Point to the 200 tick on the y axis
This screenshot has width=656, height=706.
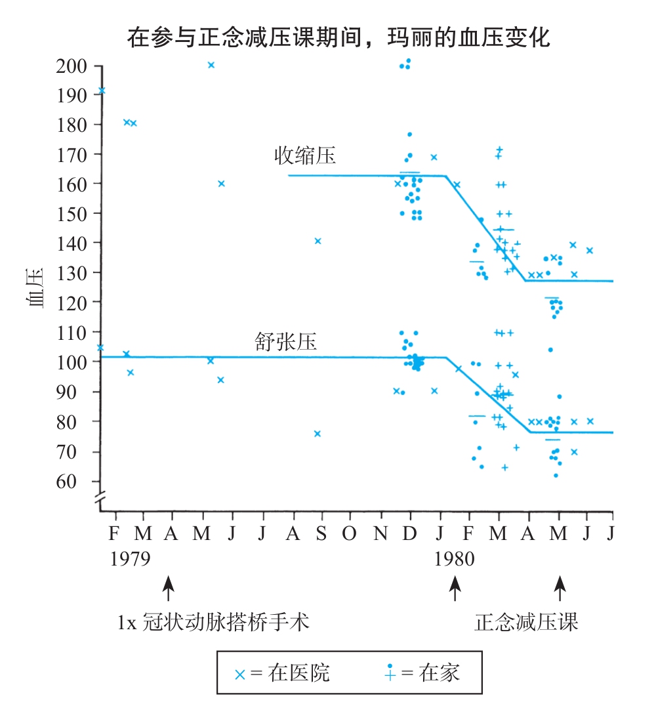(x=73, y=66)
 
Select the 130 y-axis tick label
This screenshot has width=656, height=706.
(x=73, y=272)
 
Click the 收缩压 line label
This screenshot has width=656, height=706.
(x=304, y=156)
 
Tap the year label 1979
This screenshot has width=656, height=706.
(x=130, y=559)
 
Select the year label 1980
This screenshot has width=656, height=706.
(x=454, y=559)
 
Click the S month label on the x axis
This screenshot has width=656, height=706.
(x=320, y=533)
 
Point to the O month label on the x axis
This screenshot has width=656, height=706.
(x=350, y=533)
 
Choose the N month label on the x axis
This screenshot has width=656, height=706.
(x=380, y=533)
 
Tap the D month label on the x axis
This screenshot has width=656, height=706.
(x=410, y=533)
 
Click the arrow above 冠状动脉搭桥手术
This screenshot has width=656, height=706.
(x=169, y=588)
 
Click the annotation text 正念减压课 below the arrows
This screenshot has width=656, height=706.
(x=526, y=621)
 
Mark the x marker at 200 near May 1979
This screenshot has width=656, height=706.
(x=211, y=65)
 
